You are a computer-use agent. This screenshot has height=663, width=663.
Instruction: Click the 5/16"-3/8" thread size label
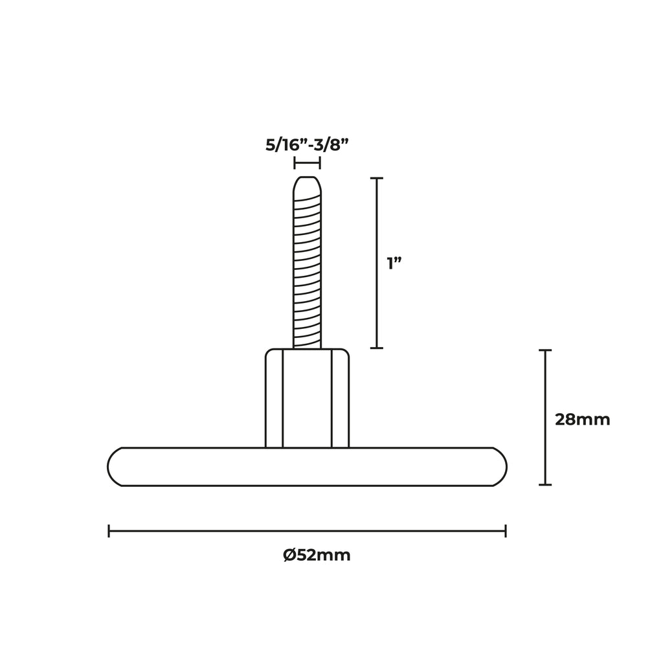click(x=307, y=146)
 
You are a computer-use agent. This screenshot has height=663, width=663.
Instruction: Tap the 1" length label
click(x=394, y=264)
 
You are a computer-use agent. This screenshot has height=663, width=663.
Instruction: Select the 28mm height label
click(x=582, y=420)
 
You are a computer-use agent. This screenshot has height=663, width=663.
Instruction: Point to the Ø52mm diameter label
click(x=317, y=555)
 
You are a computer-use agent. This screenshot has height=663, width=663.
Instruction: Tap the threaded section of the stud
click(x=308, y=271)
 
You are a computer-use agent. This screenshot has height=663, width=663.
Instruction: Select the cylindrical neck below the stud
click(x=308, y=398)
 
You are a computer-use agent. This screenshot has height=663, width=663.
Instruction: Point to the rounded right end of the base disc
click(x=500, y=467)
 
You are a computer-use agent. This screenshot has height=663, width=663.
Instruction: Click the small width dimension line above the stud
click(x=308, y=163)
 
